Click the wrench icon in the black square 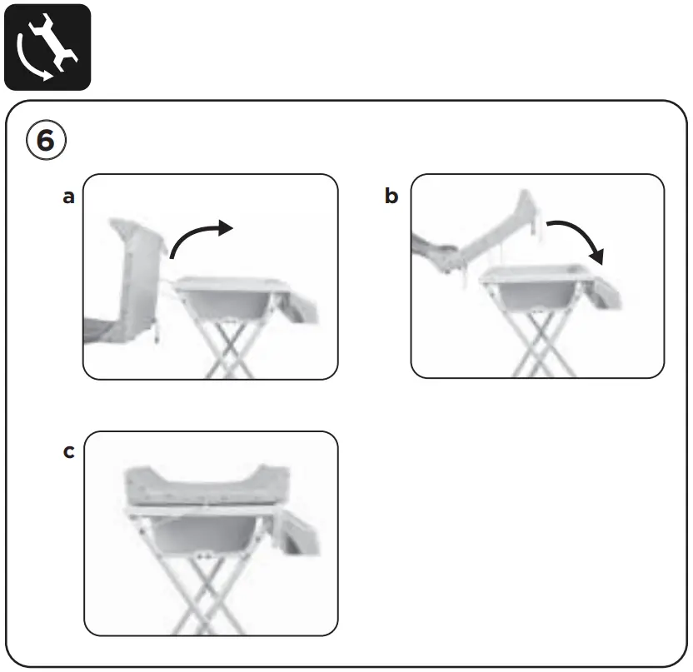(x=47, y=47)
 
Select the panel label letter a (x=69, y=197)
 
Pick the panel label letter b (x=391, y=197)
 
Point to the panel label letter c (x=69, y=452)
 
